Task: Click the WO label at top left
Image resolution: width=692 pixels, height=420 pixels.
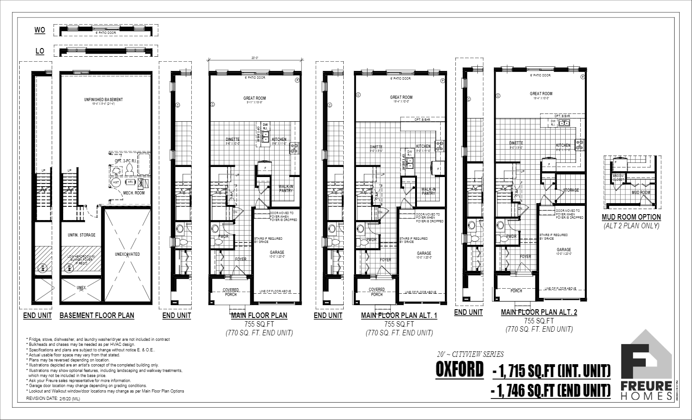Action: point(40,30)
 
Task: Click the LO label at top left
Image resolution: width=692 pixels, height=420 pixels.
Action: point(40,51)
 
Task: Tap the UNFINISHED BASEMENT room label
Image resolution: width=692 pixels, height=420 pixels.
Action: point(103,100)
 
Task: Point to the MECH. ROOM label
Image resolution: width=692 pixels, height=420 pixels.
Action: point(134,193)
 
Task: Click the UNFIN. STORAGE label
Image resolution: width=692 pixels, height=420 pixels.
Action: point(82,235)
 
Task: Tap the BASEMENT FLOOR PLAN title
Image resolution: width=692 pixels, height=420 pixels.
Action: point(97,315)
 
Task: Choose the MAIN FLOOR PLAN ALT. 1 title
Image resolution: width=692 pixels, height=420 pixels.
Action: point(399,315)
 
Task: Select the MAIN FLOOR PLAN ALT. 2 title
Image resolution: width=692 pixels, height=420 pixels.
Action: point(539,312)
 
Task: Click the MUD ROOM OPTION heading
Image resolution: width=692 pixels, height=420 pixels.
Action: point(631,217)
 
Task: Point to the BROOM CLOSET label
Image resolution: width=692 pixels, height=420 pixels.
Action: point(618,178)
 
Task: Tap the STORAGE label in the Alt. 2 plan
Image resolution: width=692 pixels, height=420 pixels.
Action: point(571,190)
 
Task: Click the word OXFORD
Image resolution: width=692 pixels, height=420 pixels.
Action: point(459,370)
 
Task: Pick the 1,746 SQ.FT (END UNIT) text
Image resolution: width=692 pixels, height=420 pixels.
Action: point(551,390)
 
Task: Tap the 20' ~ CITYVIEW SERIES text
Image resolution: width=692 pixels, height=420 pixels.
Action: point(470,354)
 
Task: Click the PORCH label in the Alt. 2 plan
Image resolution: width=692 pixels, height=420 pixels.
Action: point(516,291)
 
